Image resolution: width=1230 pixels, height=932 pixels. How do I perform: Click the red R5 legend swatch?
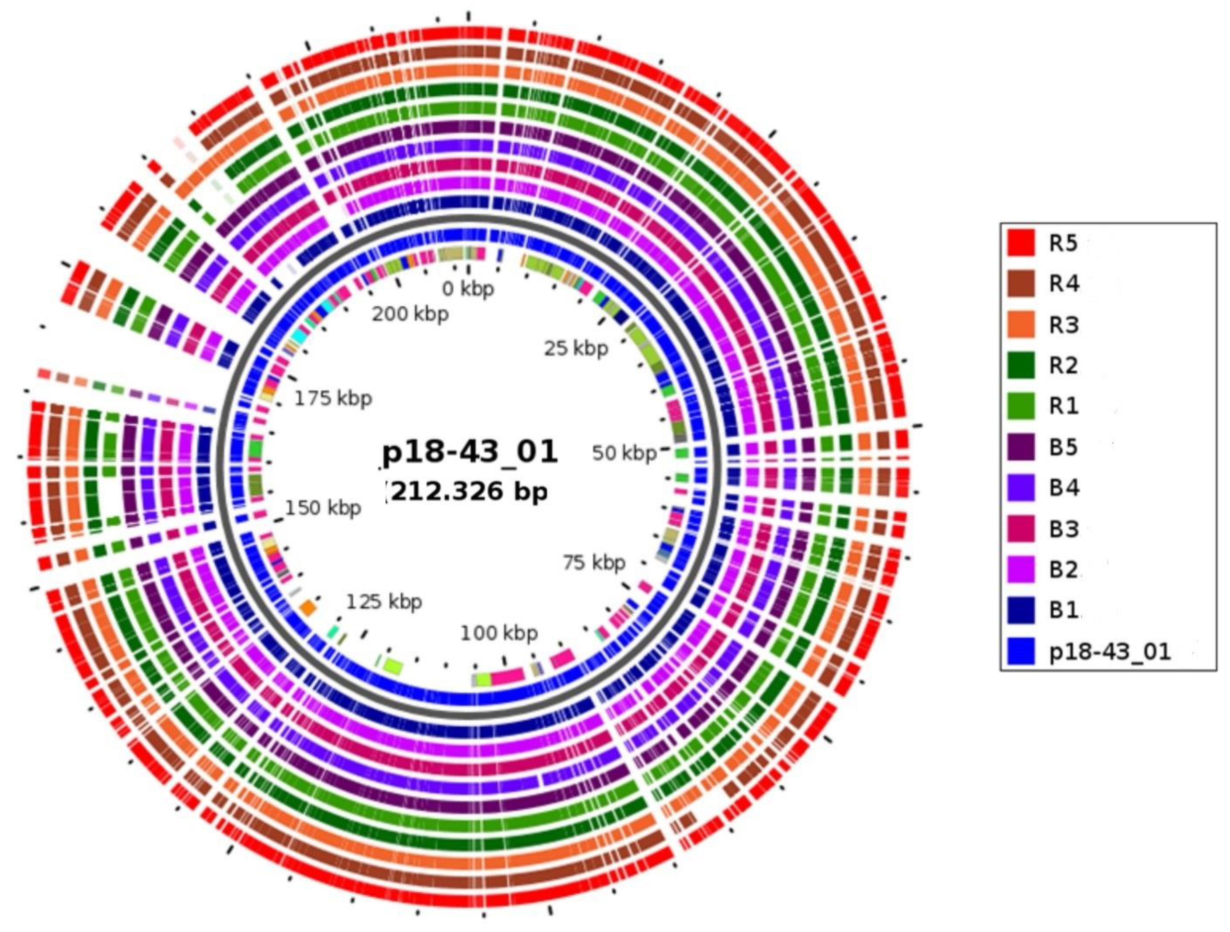point(1021,243)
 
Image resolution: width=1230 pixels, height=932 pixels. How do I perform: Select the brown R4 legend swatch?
point(1021,284)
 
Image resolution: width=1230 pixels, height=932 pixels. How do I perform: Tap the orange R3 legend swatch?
point(1021,324)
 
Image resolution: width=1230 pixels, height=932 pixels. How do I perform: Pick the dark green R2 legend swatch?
point(1021,365)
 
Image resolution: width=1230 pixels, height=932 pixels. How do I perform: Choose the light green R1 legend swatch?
point(1021,406)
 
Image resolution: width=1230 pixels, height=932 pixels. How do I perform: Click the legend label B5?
point(1064,447)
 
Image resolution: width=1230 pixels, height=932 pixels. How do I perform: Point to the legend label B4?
point(1064,488)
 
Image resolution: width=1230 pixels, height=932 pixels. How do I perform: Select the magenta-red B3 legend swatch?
point(1021,528)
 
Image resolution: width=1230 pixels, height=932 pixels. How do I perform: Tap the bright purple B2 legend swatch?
point(1021,569)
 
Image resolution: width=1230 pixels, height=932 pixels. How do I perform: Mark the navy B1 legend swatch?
point(1021,610)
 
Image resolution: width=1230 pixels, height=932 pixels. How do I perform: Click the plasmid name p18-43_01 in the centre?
point(470,452)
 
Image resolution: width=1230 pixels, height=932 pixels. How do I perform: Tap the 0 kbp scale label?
point(468,289)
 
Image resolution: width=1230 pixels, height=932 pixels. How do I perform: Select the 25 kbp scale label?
point(576,349)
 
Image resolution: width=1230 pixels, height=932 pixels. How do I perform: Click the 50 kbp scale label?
point(624,454)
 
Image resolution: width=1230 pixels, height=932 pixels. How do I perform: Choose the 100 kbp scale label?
point(499,633)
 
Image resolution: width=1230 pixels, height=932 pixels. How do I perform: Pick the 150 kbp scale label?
point(323,508)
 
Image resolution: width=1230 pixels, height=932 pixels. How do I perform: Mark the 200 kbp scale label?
point(411,314)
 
